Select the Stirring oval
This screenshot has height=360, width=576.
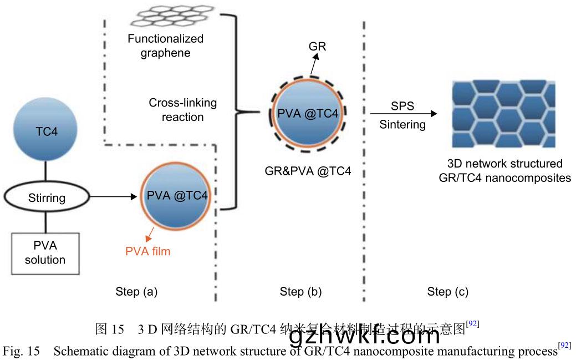47,197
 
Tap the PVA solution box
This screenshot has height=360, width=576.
45,252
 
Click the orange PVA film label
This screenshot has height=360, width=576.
147,251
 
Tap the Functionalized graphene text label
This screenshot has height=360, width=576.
165,46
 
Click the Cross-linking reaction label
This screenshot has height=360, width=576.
182,110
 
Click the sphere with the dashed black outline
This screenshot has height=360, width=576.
308,113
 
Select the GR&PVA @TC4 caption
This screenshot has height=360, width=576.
308,171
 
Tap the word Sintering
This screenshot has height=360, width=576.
402,125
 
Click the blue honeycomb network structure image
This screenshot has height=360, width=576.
503,113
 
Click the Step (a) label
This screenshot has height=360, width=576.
136,291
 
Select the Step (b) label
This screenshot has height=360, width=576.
300,291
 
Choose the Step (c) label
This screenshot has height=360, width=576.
447,291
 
